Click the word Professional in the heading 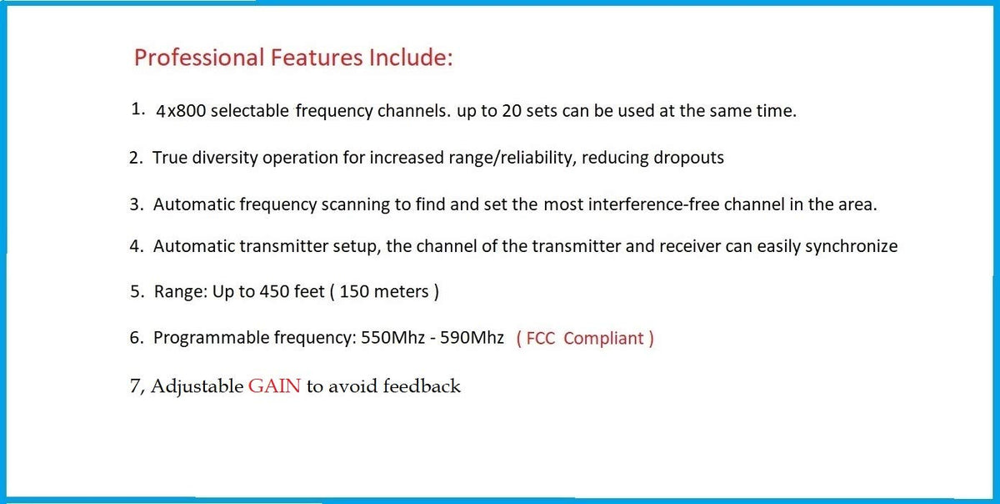tap(199, 58)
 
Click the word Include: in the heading tap(411, 58)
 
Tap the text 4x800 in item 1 tap(181, 111)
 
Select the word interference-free tap(653, 204)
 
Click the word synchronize tap(851, 247)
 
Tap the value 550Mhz tap(392, 338)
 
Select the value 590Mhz tap(472, 338)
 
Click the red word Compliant tap(603, 339)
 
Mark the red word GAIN tap(274, 386)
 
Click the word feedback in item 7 tap(422, 386)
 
